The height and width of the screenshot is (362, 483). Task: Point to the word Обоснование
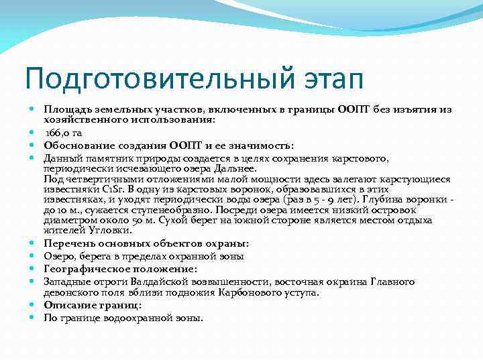click(73, 145)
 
